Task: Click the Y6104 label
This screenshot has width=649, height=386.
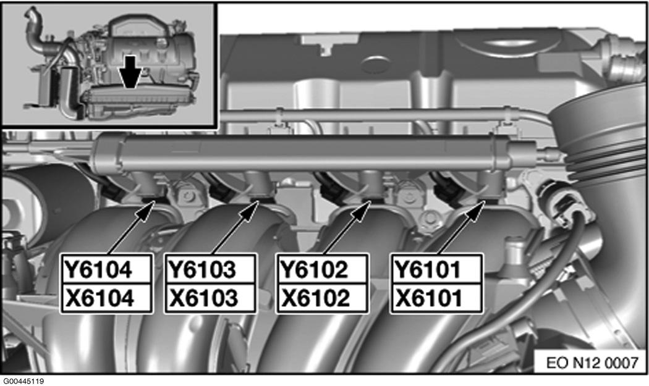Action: [x=98, y=270]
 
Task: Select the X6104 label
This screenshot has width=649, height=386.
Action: [x=100, y=298]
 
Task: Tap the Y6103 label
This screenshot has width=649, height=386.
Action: [x=201, y=270]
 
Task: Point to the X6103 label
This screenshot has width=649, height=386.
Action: [x=203, y=298]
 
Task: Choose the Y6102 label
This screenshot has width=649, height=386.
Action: [x=314, y=270]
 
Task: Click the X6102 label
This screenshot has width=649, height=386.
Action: [x=315, y=298]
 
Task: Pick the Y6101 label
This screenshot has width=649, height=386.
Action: [x=428, y=270]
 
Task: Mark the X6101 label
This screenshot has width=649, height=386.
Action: [x=429, y=298]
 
